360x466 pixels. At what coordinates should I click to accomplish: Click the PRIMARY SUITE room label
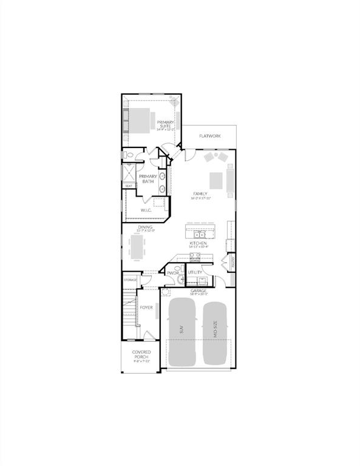point(165,124)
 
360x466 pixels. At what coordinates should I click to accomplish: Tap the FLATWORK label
point(209,136)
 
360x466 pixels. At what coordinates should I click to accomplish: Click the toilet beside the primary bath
point(129,156)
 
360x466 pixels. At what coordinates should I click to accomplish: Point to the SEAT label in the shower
point(129,186)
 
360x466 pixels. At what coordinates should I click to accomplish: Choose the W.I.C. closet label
point(146,210)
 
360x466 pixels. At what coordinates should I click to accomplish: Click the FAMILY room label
point(200,195)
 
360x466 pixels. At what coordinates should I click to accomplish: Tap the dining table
point(139,246)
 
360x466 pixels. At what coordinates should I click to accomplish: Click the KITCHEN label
point(198,243)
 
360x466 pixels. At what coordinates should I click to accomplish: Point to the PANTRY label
point(233,262)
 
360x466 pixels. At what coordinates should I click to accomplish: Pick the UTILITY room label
point(194,273)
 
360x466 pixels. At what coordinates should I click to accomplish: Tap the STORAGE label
point(131,280)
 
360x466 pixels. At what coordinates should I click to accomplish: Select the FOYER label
point(146,308)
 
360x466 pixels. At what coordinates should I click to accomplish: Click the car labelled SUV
point(181,331)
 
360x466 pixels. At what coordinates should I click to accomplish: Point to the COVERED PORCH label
point(141,355)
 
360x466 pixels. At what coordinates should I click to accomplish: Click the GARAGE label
point(199,292)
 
